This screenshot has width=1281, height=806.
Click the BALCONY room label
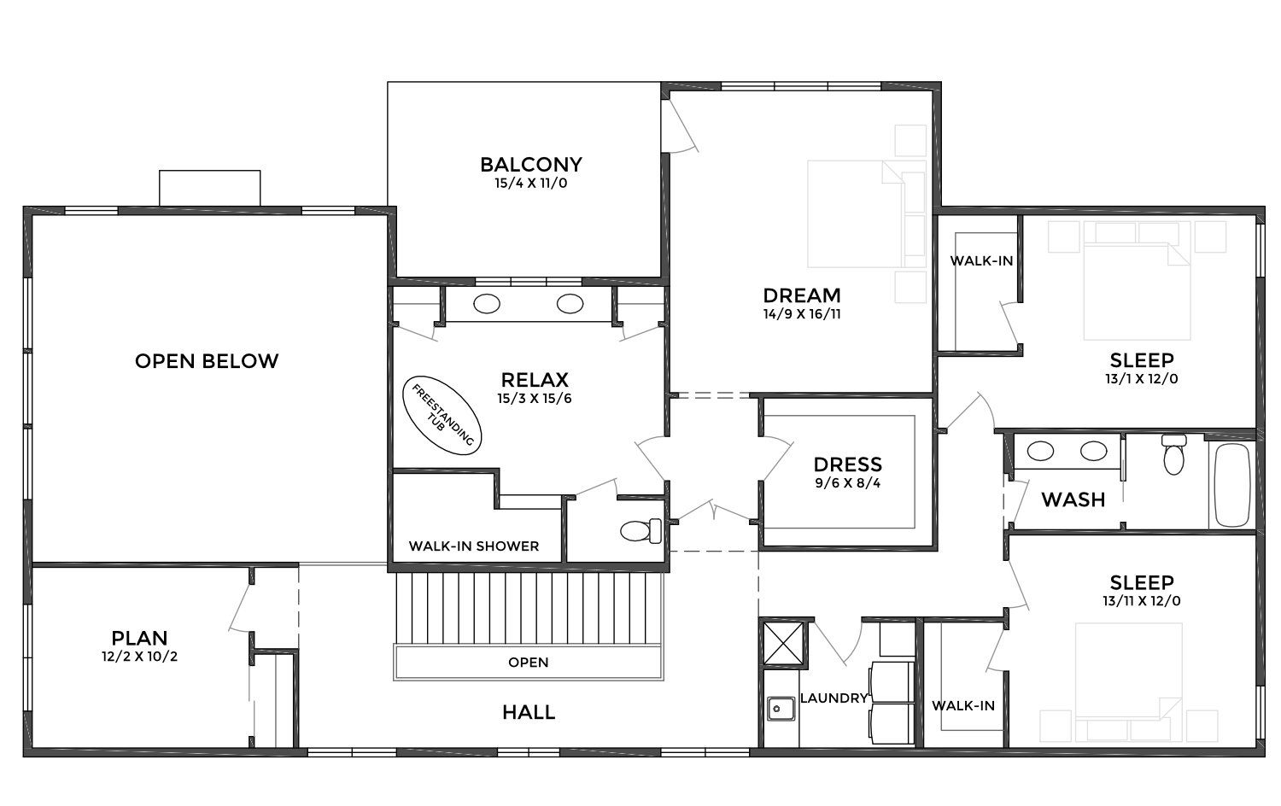pyautogui.click(x=530, y=165)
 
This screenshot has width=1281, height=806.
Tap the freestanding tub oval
pyautogui.click(x=442, y=416)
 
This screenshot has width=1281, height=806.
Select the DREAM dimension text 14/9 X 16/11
pyautogui.click(x=802, y=314)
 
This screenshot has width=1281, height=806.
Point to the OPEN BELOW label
pyautogui.click(x=207, y=361)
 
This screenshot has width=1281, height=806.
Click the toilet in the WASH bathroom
pyautogui.click(x=1173, y=454)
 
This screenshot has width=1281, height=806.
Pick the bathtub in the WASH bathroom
pyautogui.click(x=1231, y=485)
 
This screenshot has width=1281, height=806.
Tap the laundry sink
pyautogui.click(x=780, y=709)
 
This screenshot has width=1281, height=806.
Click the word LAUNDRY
pyautogui.click(x=834, y=698)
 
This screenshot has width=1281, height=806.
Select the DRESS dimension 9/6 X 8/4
pyautogui.click(x=847, y=483)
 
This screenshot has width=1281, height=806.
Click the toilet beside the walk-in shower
pyautogui.click(x=640, y=531)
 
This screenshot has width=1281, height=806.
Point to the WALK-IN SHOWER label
pyautogui.click(x=473, y=546)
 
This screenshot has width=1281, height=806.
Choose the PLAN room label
pyautogui.click(x=139, y=638)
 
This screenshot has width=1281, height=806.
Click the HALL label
pyautogui.click(x=529, y=712)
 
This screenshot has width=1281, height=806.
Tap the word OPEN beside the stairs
pyautogui.click(x=529, y=663)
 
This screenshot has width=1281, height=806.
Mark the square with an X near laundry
pyautogui.click(x=784, y=643)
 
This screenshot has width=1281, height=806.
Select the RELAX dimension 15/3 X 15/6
pyautogui.click(x=534, y=399)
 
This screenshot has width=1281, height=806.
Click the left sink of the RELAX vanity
pyautogui.click(x=487, y=304)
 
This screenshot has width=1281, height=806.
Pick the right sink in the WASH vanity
pyautogui.click(x=1093, y=451)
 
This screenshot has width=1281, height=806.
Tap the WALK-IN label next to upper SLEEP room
pyautogui.click(x=981, y=261)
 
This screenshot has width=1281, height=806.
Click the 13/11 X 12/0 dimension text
pyautogui.click(x=1142, y=601)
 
